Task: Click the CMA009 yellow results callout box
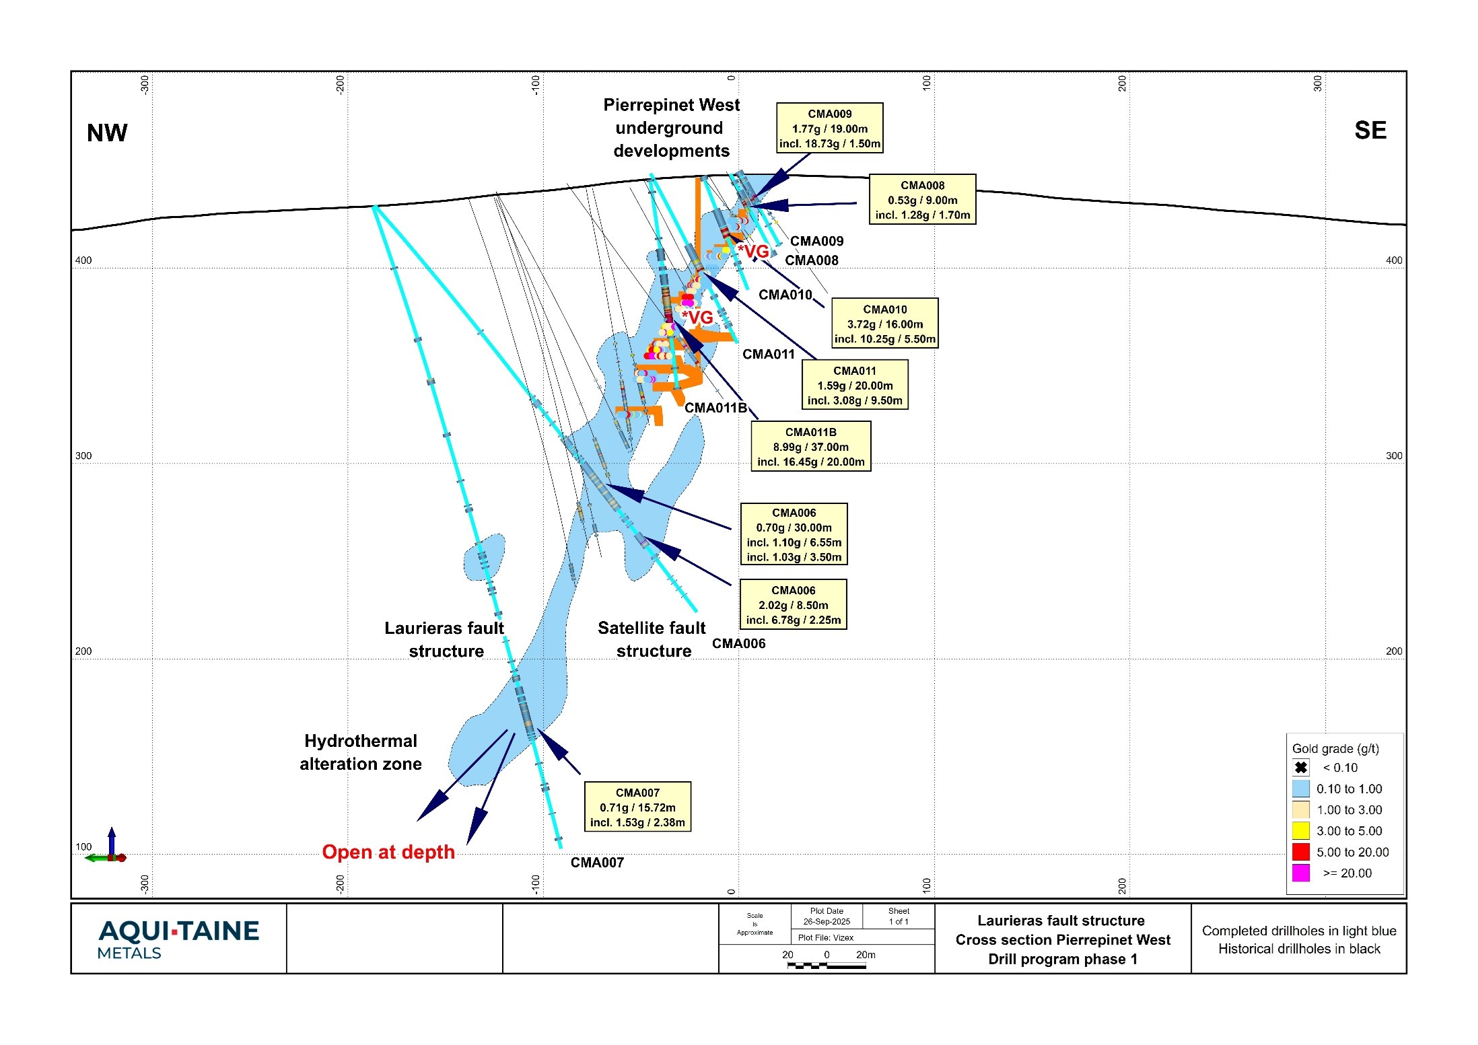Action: [829, 129]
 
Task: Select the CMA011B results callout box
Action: [811, 447]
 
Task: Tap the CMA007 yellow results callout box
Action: [637, 807]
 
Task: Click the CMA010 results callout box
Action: [885, 324]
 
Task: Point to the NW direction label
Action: [107, 133]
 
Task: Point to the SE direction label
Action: [1370, 131]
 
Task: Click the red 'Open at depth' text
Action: [388, 852]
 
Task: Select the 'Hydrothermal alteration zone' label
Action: [361, 752]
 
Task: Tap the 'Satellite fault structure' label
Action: [652, 639]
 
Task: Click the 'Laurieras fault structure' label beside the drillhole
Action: [444, 639]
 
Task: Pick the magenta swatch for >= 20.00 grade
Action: [1301, 873]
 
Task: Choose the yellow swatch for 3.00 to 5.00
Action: [1301, 830]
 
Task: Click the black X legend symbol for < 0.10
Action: [1301, 768]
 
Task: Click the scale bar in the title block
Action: [826, 966]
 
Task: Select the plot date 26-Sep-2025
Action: [826, 921]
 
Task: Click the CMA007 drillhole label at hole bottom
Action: [597, 863]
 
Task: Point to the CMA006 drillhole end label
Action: [738, 643]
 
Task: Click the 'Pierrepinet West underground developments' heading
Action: [671, 128]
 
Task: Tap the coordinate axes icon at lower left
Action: [110, 848]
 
